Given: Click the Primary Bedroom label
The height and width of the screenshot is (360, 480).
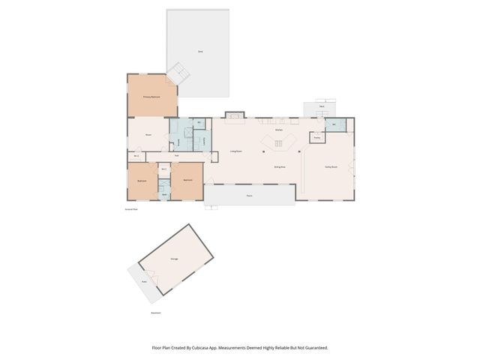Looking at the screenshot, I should tap(153, 97).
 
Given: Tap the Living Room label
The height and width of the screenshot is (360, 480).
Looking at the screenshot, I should tap(235, 151).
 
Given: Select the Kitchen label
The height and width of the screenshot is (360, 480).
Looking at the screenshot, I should tap(277, 130).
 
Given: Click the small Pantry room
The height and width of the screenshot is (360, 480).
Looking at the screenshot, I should tap(317, 138).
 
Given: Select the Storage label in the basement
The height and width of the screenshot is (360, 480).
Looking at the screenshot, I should tap(174, 259).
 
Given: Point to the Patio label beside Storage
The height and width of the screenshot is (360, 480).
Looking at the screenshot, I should tap(144, 281).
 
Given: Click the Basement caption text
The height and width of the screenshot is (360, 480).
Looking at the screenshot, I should tap(156, 312).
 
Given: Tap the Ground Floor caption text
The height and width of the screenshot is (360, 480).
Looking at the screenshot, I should tap(131, 209).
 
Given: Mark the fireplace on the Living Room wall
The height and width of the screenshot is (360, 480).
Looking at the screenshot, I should tap(234, 115).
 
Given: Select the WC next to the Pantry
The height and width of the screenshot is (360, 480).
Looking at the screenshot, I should tap(334, 125).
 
